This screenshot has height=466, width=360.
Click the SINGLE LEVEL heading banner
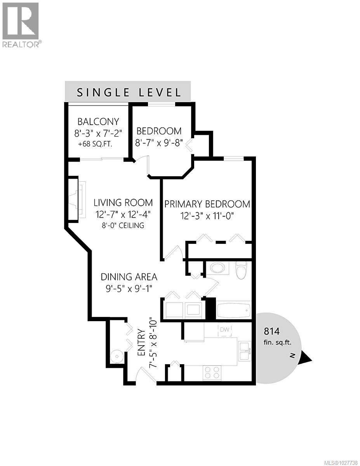(x=128, y=92)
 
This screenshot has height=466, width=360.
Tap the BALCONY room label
(x=98, y=121)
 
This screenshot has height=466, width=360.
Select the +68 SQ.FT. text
(x=98, y=143)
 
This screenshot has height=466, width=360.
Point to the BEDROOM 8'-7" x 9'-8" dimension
(x=158, y=142)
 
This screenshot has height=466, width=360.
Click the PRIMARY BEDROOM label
(x=207, y=204)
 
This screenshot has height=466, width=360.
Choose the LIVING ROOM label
(x=123, y=202)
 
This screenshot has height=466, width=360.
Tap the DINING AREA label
(x=129, y=277)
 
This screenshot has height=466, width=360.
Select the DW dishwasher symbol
(x=225, y=330)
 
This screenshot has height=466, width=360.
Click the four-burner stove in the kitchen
(x=212, y=373)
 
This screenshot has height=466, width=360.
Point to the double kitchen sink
(x=244, y=351)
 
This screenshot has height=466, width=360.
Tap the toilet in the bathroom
(x=241, y=270)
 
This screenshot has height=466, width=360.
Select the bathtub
(x=233, y=311)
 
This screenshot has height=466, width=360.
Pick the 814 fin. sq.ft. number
(x=272, y=331)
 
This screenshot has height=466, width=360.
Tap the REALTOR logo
(x=21, y=25)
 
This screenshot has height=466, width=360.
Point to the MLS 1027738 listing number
(x=337, y=462)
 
